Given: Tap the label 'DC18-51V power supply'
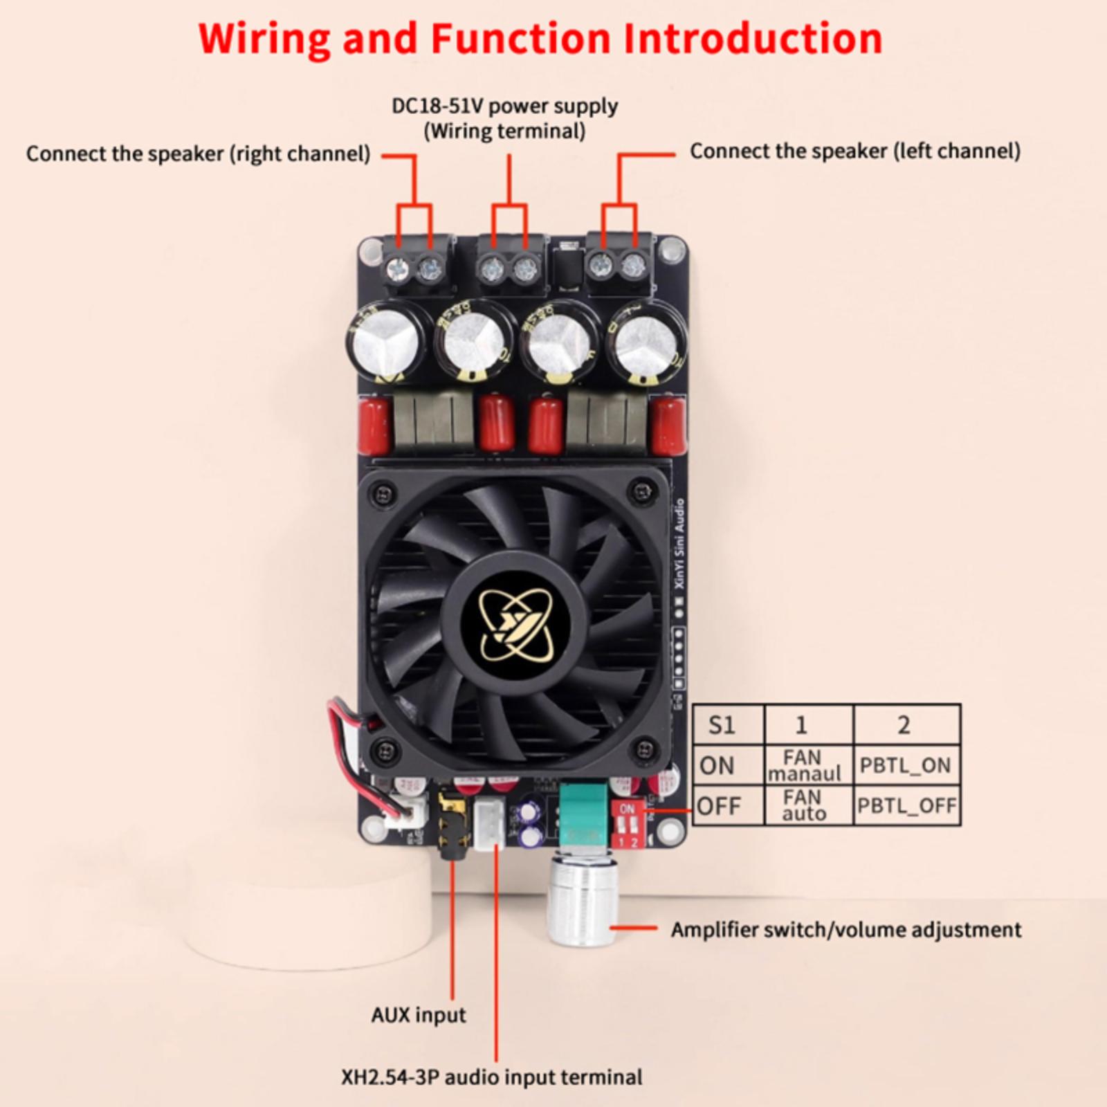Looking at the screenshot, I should tap(504, 107).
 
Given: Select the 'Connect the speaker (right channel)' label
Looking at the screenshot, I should tap(198, 154).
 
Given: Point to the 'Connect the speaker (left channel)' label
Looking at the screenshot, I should tap(855, 151).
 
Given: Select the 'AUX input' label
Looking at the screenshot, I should tap(418, 1015).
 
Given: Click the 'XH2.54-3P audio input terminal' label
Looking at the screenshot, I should tap(491, 1077).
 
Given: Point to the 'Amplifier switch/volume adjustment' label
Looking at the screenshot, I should tap(845, 930).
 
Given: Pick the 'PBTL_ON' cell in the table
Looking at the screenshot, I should tap(905, 765).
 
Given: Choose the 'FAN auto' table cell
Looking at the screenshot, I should tap(803, 805).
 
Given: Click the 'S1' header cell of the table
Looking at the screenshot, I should tap(722, 725).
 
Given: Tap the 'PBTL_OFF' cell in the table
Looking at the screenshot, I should tap(906, 806).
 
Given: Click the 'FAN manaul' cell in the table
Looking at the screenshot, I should tap(803, 765).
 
